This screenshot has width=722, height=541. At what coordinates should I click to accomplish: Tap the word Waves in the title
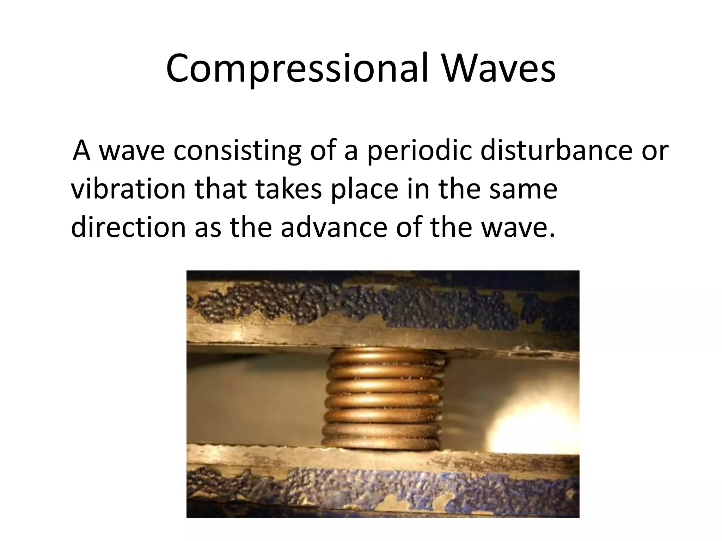(x=499, y=69)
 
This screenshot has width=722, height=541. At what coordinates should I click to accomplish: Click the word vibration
(x=128, y=189)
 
